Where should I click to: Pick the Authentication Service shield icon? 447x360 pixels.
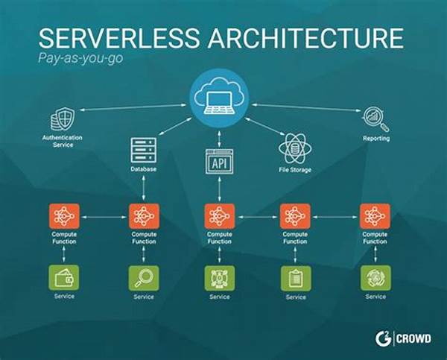click(x=63, y=119)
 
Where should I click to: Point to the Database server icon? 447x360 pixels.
click(x=142, y=150)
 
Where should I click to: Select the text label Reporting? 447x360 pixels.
click(x=376, y=139)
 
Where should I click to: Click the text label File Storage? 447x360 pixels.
click(x=295, y=170)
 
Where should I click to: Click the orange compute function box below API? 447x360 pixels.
click(x=220, y=216)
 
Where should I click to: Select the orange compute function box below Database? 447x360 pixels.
click(x=142, y=216)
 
